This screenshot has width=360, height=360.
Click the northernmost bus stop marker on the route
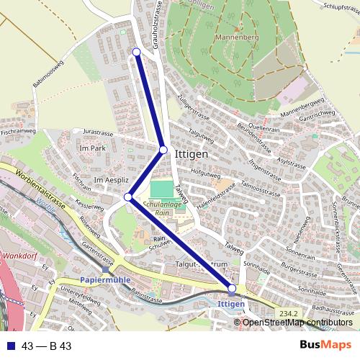[x=137, y=52]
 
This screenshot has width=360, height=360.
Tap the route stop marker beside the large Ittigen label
[x=163, y=150]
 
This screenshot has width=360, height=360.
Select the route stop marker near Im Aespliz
[x=128, y=197]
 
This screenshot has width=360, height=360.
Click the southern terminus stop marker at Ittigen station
[x=232, y=289]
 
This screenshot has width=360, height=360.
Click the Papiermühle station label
[x=104, y=279]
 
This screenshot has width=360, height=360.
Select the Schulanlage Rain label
[x=165, y=208]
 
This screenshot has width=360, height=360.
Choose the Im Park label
[x=94, y=148]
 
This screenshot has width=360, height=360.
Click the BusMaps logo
[x=326, y=345]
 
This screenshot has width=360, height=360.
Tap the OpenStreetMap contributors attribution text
[x=297, y=322]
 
